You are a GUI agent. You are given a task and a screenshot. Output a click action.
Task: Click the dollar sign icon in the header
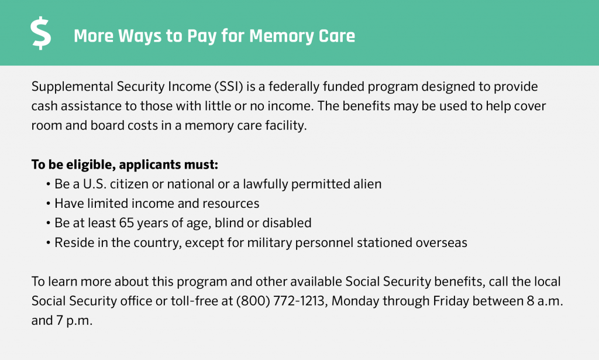pos(41,33)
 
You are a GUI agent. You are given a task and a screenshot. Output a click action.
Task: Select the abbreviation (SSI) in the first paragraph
pos(229,87)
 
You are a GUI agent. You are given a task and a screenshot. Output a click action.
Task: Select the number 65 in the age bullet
pos(126,223)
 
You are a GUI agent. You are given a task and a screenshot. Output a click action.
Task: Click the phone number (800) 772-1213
pos(281,301)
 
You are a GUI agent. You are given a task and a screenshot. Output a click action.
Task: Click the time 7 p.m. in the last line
pos(74,321)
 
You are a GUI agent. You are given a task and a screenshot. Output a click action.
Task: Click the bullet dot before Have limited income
pos(48,204)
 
